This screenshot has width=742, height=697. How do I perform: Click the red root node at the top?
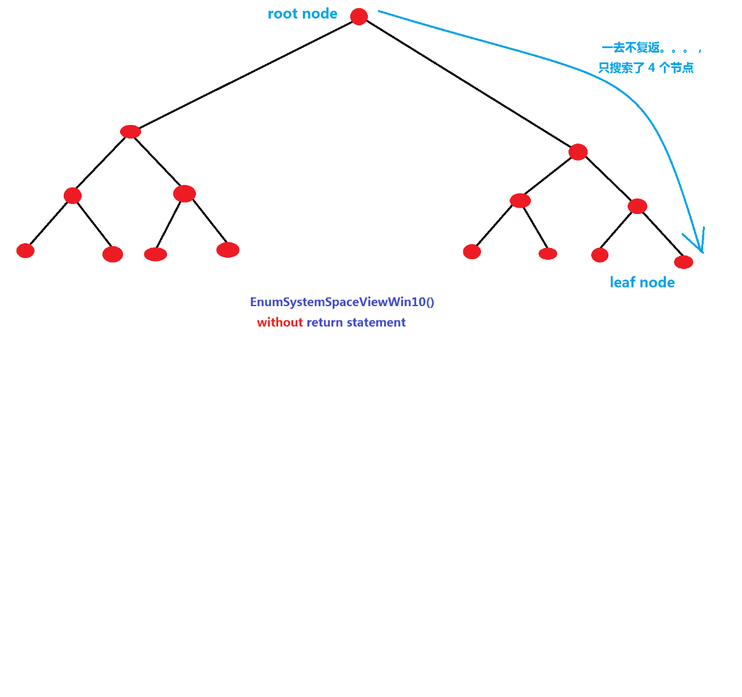tap(359, 16)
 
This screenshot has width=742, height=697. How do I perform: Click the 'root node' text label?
tap(302, 14)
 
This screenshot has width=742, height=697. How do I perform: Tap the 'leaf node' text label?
tap(642, 283)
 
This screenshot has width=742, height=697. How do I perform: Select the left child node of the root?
tap(130, 132)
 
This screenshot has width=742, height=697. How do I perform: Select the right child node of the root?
tap(578, 152)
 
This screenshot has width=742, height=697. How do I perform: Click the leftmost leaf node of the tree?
tap(25, 250)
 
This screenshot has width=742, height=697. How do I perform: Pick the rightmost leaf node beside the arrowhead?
tap(683, 262)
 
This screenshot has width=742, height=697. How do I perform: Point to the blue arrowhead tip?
tap(702, 252)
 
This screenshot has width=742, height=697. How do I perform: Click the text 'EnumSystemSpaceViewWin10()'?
tap(342, 302)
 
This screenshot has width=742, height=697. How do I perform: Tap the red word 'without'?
tap(280, 322)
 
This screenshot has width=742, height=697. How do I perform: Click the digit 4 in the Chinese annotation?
tap(652, 67)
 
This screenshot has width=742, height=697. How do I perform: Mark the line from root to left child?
tap(244, 74)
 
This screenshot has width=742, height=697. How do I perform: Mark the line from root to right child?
tap(468, 83)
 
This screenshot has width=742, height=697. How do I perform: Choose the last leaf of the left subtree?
tap(228, 250)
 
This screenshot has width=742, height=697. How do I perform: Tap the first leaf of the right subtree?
tap(472, 252)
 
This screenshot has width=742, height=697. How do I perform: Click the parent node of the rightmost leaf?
tap(637, 206)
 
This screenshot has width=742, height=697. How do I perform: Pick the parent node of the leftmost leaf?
tap(72, 195)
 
